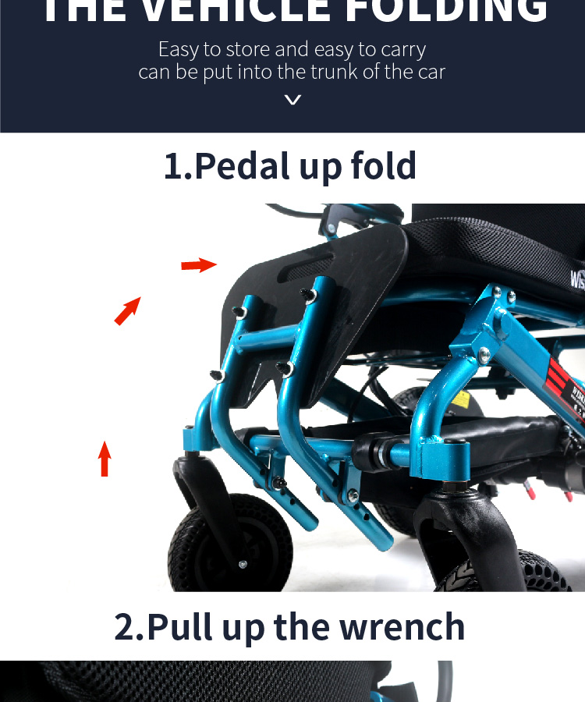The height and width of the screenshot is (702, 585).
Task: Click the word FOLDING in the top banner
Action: [447, 9]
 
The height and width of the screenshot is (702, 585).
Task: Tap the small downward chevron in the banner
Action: [292, 99]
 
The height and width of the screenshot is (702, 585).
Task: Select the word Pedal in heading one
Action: [241, 166]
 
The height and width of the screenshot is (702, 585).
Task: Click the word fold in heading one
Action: [383, 166]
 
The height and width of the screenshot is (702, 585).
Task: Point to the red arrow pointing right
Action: [199, 265]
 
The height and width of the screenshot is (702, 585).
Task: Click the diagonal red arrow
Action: [128, 310]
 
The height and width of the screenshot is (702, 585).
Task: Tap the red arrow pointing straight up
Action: [105, 459]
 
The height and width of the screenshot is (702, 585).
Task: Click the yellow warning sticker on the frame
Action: [462, 399]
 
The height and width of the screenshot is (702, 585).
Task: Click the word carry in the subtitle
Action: [403, 49]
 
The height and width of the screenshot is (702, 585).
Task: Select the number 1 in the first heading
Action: [173, 166]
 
